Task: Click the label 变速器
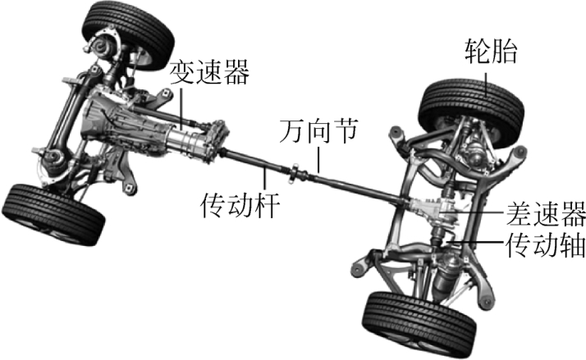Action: pos(208,75)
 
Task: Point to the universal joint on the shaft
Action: pos(295,173)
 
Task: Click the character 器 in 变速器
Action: pos(235,75)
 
